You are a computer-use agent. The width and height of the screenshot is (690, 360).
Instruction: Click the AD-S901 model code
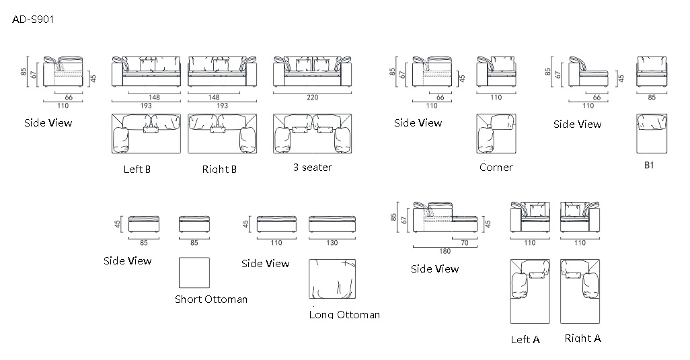pyautogui.click(x=32, y=20)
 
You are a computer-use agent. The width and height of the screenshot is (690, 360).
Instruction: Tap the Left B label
pyautogui.click(x=137, y=170)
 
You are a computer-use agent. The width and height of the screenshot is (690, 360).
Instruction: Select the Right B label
pyautogui.click(x=219, y=170)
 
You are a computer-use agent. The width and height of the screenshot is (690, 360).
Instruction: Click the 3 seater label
pyautogui.click(x=313, y=168)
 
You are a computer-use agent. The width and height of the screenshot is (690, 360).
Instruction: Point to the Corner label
pyautogui.click(x=496, y=168)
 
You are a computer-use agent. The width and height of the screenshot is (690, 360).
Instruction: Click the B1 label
pyautogui.click(x=649, y=165)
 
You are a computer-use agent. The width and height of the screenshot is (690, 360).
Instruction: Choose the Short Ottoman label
pyautogui.click(x=210, y=299)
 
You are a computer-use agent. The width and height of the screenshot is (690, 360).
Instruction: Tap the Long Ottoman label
pyautogui.click(x=344, y=314)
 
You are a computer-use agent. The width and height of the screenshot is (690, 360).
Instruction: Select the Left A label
pyautogui.click(x=525, y=339)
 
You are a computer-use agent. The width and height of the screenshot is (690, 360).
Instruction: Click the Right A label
pyautogui.click(x=582, y=338)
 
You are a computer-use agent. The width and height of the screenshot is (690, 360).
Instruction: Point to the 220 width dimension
pyautogui.click(x=313, y=98)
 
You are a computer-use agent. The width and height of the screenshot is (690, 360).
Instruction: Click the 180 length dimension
pyautogui.click(x=445, y=251)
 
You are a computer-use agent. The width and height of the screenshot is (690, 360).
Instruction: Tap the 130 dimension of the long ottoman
pyautogui.click(x=332, y=242)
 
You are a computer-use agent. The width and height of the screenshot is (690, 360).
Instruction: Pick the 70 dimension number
pyautogui.click(x=465, y=242)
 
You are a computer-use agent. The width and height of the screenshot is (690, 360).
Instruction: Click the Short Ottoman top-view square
pyautogui.click(x=194, y=273)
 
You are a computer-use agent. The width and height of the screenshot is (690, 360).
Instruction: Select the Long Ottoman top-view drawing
pyautogui.click(x=332, y=279)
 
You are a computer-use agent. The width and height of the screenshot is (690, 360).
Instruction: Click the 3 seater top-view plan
pyautogui.click(x=313, y=134)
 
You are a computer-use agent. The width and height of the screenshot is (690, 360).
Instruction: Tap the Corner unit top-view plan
pyautogui.click(x=496, y=134)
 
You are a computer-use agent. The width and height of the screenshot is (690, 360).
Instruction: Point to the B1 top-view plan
pyautogui.click(x=652, y=134)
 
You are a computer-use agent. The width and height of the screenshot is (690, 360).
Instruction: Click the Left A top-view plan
pyautogui.click(x=530, y=291)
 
